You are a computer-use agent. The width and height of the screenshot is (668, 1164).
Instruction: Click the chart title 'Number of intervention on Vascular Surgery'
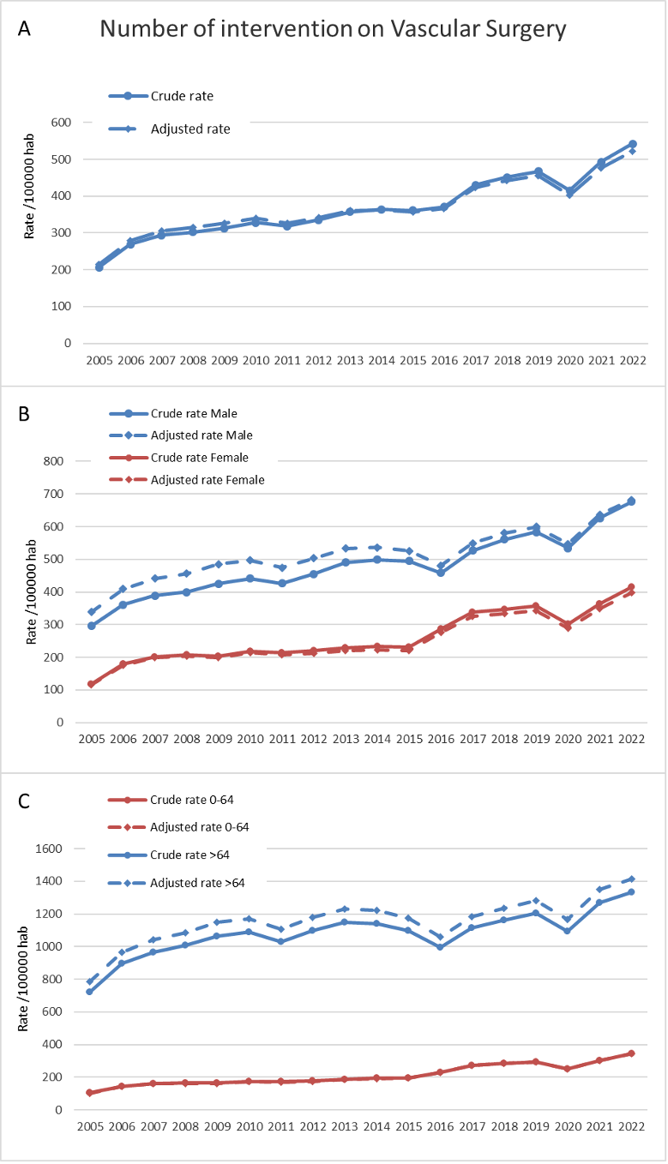pyautogui.click(x=333, y=29)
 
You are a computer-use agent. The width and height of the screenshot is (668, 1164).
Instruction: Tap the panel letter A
pyautogui.click(x=25, y=28)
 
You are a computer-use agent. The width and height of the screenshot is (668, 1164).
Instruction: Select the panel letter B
pyautogui.click(x=25, y=413)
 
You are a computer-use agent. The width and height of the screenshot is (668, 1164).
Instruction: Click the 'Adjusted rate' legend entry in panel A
pyautogui.click(x=190, y=129)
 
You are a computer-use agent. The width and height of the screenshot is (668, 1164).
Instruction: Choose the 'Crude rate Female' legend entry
pyautogui.click(x=199, y=458)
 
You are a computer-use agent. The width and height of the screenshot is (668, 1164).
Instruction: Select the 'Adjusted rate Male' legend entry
pyautogui.click(x=202, y=435)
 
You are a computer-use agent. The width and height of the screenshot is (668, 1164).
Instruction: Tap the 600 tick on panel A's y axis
pyautogui.click(x=61, y=123)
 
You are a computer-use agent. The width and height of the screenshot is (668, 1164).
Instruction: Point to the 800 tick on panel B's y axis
pyautogui.click(x=54, y=461)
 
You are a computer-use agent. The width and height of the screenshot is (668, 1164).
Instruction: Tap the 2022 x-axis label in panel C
pyautogui.click(x=633, y=1126)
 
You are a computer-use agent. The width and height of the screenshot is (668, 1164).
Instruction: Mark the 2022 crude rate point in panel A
pyautogui.click(x=633, y=144)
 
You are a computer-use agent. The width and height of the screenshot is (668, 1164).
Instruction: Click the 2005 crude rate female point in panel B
pyautogui.click(x=91, y=684)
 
